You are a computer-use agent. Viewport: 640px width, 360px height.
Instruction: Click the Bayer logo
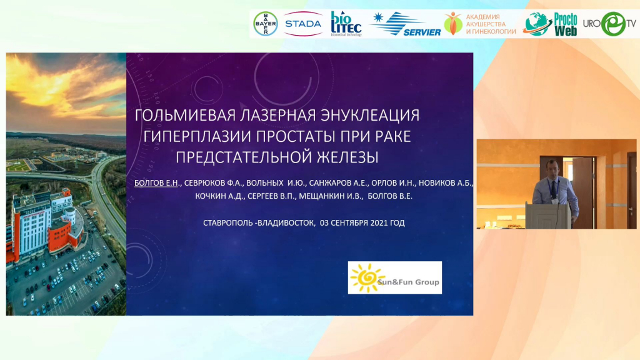[x=265, y=24]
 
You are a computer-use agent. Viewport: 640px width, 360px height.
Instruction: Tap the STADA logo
[x=303, y=24]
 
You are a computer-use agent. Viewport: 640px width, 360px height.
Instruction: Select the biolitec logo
[x=346, y=24]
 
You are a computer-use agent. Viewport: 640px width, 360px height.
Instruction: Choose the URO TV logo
[x=610, y=24]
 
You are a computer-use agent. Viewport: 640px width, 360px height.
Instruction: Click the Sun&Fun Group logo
[x=395, y=277]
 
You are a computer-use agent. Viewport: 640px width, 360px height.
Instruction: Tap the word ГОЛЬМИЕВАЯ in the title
[x=185, y=116]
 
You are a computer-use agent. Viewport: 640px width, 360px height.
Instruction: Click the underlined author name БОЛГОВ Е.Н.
[x=157, y=183]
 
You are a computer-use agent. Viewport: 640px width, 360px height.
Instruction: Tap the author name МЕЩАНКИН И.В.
[x=331, y=196]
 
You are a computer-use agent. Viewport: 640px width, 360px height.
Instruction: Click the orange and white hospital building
[x=46, y=222]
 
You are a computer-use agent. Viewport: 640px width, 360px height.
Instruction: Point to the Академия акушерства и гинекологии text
[x=491, y=24]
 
